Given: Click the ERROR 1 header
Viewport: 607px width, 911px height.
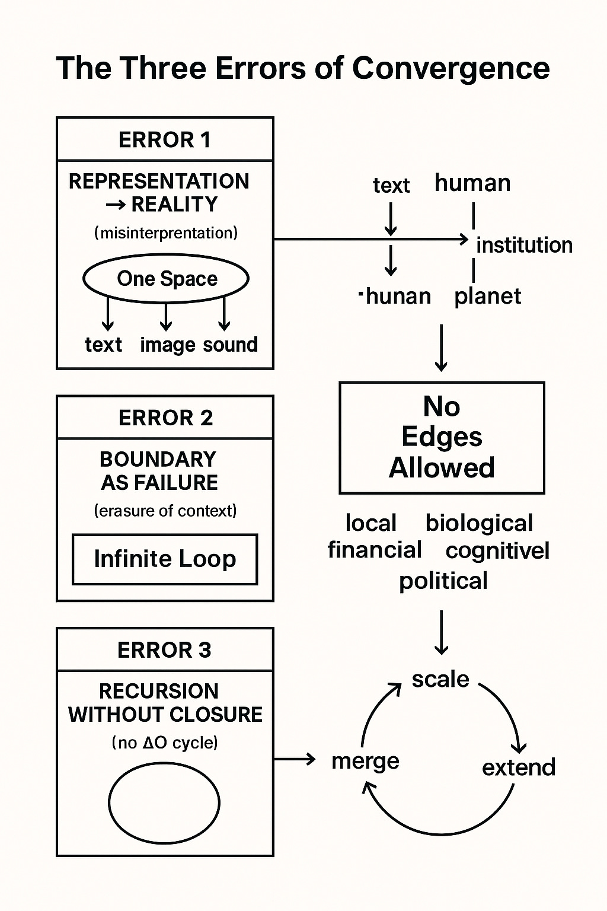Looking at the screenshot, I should click(165, 140).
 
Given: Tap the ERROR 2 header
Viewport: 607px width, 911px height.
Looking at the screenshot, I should click(165, 418).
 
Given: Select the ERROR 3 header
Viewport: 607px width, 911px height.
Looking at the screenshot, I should click(164, 650).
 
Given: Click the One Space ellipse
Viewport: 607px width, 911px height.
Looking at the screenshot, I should click(166, 279).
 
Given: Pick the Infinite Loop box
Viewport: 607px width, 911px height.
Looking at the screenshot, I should click(165, 559).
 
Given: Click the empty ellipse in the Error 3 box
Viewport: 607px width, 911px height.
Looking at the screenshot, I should click(164, 803).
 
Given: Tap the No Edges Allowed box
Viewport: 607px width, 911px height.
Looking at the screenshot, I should click(442, 438).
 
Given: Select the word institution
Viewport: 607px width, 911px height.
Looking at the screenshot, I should click(524, 245).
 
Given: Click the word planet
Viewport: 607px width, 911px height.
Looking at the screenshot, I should click(487, 297).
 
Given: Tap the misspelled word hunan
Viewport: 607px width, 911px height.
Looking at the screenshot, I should click(398, 296).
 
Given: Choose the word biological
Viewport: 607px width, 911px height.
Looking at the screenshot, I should click(479, 524).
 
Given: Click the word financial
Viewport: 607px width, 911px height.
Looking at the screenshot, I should click(375, 550).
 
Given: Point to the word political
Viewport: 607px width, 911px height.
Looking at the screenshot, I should click(443, 581).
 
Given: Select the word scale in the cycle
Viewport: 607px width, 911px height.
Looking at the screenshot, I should click(440, 679).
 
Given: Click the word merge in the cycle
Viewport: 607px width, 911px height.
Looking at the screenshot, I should click(365, 761).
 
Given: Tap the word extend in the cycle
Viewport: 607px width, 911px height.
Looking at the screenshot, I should click(519, 767).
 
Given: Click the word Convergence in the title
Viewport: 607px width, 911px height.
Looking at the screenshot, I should click(451, 68).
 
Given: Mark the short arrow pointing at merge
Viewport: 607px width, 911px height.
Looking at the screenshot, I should click(294, 759).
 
